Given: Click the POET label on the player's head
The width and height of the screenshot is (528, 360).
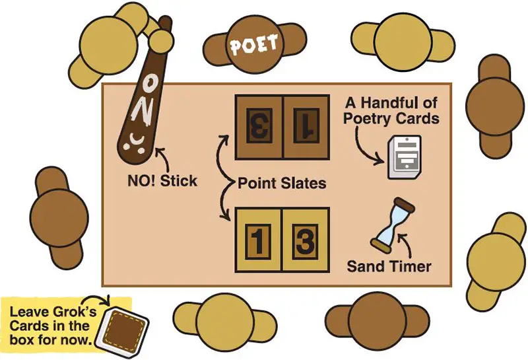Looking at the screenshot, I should pyautogui.click(x=253, y=46).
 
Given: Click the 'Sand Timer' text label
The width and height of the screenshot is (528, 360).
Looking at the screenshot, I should pyautogui.click(x=389, y=267).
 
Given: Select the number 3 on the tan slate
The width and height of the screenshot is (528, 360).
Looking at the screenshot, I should pyautogui.click(x=305, y=241).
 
